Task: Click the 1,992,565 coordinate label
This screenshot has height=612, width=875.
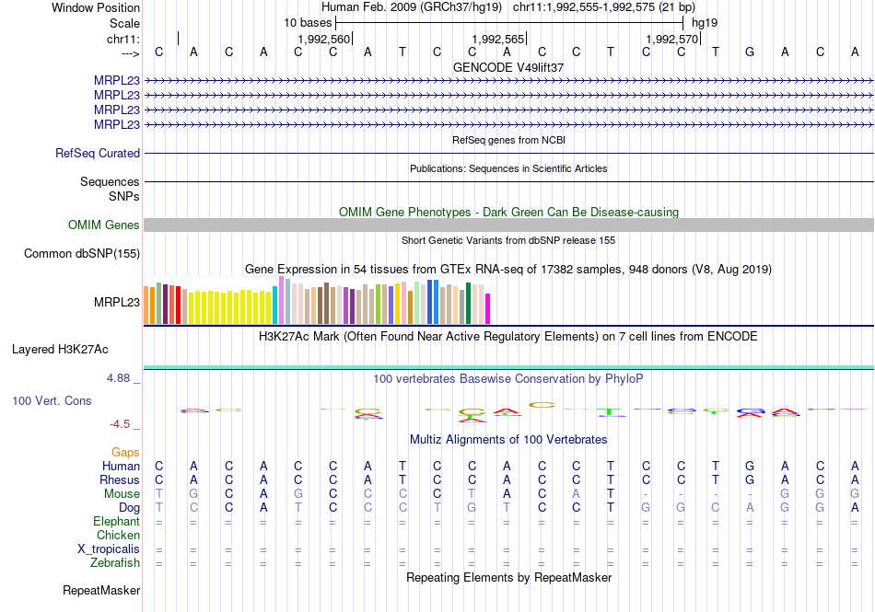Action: [x=497, y=39]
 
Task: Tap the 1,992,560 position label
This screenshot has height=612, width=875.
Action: [x=324, y=39]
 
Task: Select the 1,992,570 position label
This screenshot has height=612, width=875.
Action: [x=672, y=39]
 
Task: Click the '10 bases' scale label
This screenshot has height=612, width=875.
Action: [x=308, y=22]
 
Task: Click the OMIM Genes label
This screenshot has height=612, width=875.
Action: [x=104, y=225]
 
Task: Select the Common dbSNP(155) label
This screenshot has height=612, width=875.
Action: [x=82, y=254]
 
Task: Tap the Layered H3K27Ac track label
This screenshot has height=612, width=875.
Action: [x=60, y=350]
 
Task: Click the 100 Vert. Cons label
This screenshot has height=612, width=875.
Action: [x=52, y=401]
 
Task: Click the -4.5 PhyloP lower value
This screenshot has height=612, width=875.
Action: [x=122, y=424]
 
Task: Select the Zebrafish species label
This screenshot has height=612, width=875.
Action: [x=115, y=563]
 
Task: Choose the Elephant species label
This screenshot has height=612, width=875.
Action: [x=117, y=522]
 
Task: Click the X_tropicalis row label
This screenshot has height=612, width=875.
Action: [x=109, y=549]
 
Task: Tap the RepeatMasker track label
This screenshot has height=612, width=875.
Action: [x=101, y=590]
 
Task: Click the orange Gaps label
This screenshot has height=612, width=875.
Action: [x=125, y=453]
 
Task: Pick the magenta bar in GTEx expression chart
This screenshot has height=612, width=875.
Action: [x=488, y=308]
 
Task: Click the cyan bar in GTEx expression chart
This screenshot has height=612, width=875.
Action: [x=275, y=306]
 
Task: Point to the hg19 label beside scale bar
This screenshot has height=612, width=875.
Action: [x=705, y=22]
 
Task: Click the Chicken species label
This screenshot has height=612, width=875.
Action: [x=118, y=536]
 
